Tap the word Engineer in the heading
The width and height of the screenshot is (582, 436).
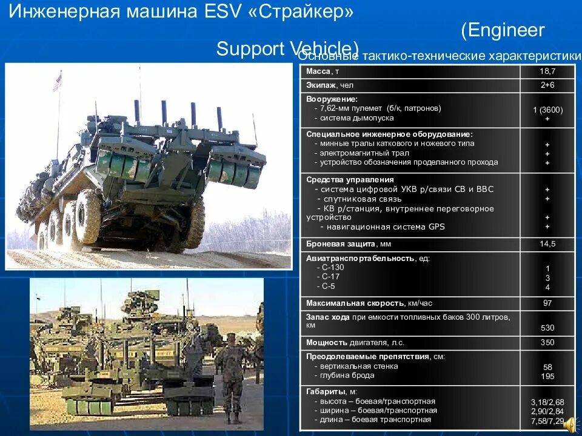pos(503,30)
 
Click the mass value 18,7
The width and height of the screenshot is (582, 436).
pos(547,71)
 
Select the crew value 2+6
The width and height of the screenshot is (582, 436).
pos(547,85)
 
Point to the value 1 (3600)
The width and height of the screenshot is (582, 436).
pos(547,110)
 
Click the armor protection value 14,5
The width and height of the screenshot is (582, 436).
pos(547,244)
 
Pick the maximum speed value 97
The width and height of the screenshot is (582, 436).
pos(547,303)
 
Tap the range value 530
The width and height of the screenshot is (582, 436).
pos(547,328)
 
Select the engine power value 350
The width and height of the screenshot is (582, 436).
pos(547,342)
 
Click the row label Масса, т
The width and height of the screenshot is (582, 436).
pos(327,71)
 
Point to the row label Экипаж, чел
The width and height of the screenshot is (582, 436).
pos(330,85)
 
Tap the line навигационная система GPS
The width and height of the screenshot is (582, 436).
pos(383,227)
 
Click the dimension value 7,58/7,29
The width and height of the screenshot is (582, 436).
pos(547,420)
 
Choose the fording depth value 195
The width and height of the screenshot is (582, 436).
pos(547,377)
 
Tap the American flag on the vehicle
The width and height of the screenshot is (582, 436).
pos(57,81)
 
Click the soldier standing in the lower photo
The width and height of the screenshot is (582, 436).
pos(232,375)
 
